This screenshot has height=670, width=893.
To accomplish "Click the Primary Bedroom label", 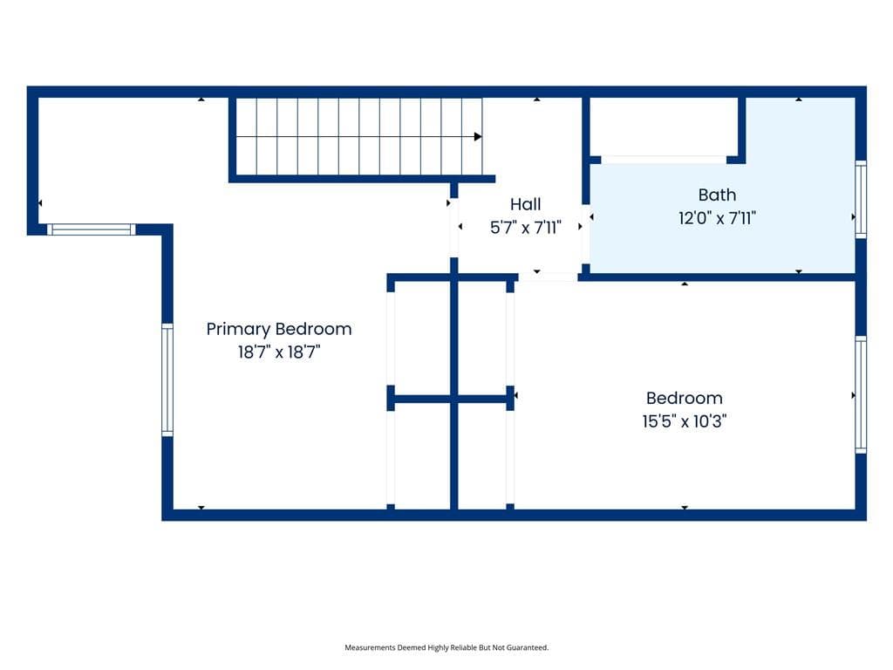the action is point(279,329).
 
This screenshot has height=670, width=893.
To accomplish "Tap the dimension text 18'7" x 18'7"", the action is point(279,352).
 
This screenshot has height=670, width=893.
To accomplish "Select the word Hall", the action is point(525,204).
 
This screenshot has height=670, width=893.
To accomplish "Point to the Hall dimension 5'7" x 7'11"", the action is point(526,228).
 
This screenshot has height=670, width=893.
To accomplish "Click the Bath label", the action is point(717,195).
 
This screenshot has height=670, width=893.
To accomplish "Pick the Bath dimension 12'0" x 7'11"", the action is point(717,218).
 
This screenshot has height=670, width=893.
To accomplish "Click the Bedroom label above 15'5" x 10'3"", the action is point(684,398).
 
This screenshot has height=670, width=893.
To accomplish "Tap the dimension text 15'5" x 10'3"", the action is point(684,421).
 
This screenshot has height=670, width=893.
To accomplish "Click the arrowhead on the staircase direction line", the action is point(478,137).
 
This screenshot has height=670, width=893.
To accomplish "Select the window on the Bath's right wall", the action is point(861,200).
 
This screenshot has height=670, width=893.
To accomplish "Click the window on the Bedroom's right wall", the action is point(861,395).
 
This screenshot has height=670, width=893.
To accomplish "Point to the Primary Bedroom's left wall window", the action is point(167,380).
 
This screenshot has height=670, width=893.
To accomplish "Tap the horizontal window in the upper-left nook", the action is point(91,229).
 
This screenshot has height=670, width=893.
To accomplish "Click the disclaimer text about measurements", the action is point(446,647).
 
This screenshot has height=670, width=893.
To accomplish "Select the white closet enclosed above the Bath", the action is point(664,126).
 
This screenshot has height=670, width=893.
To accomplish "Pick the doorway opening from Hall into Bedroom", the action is point(548,277).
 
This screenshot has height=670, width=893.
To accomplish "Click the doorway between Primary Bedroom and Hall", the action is point(453,228).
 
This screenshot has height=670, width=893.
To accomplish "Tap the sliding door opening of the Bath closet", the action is point(664,161).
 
